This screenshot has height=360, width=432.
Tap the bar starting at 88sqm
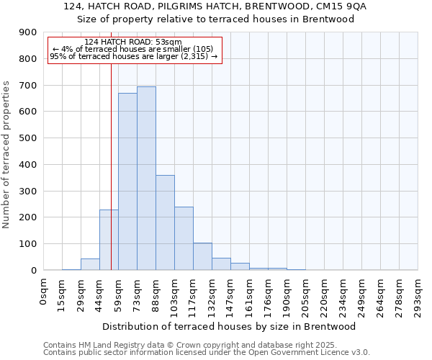pyautogui.click(x=165, y=222)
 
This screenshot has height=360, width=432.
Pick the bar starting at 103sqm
pyautogui.click(x=184, y=238)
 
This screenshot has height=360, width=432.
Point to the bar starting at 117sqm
pyautogui.click(x=202, y=256)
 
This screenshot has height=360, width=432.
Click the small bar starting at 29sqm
pyautogui.click(x=90, y=264)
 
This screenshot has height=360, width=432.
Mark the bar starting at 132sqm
pyautogui.click(x=221, y=264)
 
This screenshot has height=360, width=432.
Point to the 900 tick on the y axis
pyautogui.click(x=28, y=32)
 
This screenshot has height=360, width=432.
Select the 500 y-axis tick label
pyautogui.click(x=28, y=138)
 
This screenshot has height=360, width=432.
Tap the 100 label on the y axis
pyautogui.click(x=28, y=244)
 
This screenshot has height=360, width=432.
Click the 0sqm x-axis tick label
pyautogui.click(x=44, y=292)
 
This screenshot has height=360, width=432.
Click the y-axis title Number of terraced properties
pyautogui.click(x=7, y=155)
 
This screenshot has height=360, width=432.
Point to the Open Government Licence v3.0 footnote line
pyautogui.click(x=207, y=353)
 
